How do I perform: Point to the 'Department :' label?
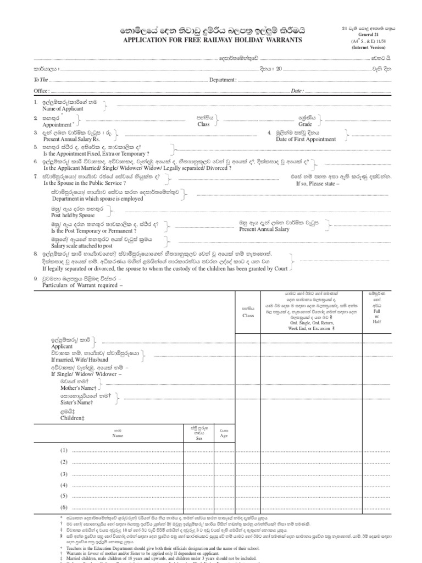click(223, 80)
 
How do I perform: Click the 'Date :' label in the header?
click(297, 91)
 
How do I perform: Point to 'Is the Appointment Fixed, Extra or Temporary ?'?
click(97, 154)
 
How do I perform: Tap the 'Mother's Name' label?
click(69, 388)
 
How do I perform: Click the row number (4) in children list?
click(64, 485)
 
